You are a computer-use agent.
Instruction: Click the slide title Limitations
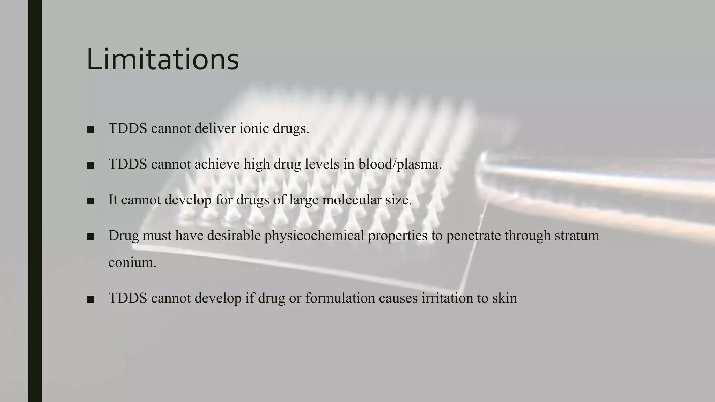point(162,59)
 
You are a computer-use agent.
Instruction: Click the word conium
point(132,262)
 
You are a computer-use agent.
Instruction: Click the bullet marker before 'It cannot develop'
point(90,201)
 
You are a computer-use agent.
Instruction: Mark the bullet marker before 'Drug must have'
point(90,237)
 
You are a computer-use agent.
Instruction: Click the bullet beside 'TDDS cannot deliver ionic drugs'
point(90,129)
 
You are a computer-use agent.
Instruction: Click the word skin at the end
point(504,298)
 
